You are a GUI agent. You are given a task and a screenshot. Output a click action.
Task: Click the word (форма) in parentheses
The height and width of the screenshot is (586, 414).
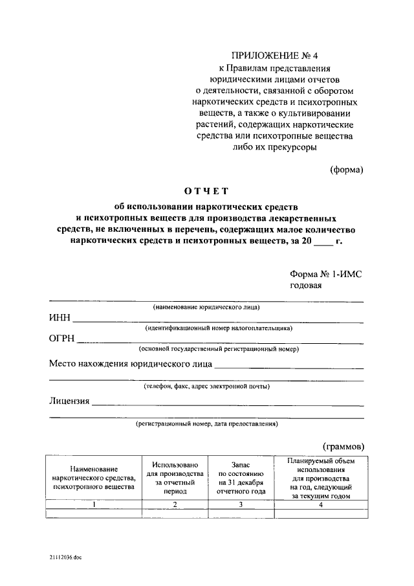click(x=347, y=170)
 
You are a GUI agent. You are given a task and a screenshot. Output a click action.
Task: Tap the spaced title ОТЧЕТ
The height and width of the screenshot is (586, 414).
click(x=207, y=191)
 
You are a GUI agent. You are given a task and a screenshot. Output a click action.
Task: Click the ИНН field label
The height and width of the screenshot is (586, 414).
click(x=60, y=319)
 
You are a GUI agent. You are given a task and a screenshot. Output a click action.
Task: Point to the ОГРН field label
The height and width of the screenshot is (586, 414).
click(x=62, y=339)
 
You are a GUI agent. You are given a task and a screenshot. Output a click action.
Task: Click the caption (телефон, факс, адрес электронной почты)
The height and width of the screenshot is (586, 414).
click(x=207, y=387)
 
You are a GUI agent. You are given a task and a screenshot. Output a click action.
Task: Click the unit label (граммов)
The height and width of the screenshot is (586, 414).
click(x=343, y=446)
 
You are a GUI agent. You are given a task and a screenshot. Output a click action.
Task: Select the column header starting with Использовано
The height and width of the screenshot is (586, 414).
click(x=175, y=478)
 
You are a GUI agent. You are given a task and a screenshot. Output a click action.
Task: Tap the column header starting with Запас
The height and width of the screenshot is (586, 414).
click(x=241, y=478)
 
